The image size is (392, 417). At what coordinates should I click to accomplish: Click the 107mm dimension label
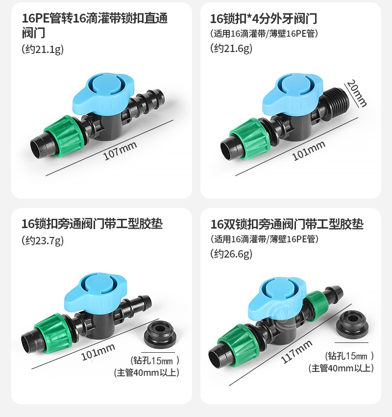coord(120,150)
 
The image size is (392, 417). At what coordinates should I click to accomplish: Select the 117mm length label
coord(296,351)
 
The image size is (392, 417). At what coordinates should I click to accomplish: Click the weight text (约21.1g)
coord(43,50)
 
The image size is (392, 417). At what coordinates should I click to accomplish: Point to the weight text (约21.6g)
coord(231,48)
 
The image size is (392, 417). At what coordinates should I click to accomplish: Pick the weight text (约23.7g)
coord(43,240)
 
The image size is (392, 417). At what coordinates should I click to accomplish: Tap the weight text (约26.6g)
coord(231,254)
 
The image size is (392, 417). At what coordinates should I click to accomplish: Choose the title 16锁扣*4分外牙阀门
coord(264,19)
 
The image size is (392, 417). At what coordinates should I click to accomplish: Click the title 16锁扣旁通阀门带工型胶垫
coord(92,224)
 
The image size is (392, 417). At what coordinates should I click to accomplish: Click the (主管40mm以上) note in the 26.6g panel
coord(341,368)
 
